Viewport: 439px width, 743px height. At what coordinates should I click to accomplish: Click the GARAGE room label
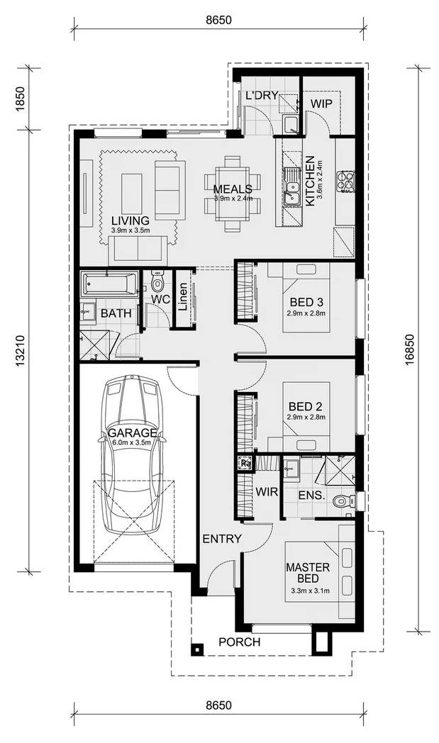[x=132, y=432]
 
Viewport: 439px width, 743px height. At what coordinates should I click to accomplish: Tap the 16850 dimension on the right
[x=410, y=350]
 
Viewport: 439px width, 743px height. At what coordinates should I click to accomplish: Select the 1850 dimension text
[x=20, y=99]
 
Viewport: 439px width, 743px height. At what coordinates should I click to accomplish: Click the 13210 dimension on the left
[x=20, y=351]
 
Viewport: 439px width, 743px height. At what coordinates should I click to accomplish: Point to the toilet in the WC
[x=156, y=282]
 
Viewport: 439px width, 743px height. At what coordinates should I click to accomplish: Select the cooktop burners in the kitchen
[x=346, y=181]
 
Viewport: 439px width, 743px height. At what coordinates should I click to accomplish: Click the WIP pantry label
[x=321, y=104]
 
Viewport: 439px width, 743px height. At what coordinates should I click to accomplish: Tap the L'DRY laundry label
[x=261, y=95]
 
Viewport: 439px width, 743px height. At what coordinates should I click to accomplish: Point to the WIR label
[x=267, y=491]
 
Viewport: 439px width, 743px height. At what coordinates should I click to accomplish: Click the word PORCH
[x=240, y=642]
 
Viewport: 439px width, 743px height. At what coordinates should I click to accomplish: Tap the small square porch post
[x=196, y=649]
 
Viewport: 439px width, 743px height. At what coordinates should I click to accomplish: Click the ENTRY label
[x=222, y=539]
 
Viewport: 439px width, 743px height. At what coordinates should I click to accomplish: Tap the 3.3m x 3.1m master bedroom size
[x=308, y=591]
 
